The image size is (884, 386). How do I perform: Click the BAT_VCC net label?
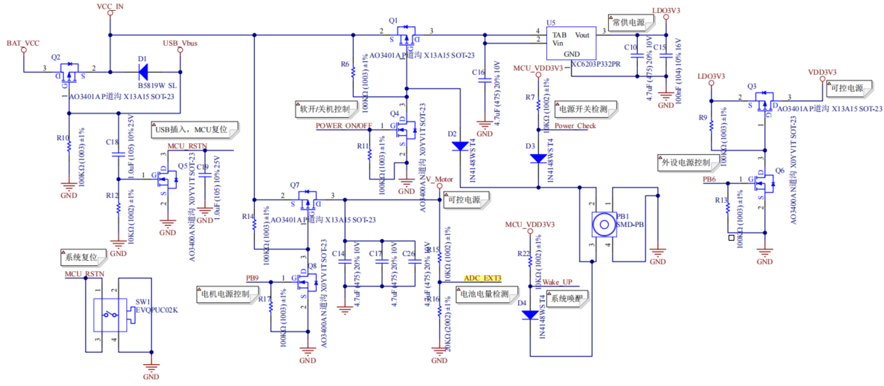point(23,44)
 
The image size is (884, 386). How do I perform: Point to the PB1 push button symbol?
point(602,224)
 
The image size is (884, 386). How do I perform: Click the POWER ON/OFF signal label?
point(344,125)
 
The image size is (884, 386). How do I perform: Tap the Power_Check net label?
point(575,125)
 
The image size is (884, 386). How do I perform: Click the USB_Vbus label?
point(181,44)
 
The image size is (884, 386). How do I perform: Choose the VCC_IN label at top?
point(110,7)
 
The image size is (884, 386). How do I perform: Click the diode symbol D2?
point(460,145)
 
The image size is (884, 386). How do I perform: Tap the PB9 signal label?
point(252,278)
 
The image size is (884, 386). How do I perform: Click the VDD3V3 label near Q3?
point(822,73)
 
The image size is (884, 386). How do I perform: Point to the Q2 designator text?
point(57,56)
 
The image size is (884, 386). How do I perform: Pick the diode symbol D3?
point(538,158)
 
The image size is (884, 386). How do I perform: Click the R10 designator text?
point(62,137)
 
